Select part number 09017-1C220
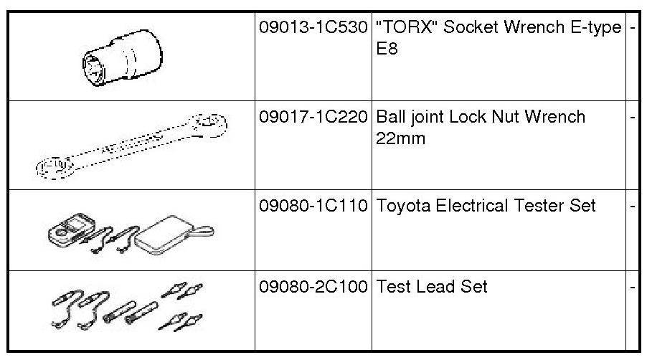(313, 117)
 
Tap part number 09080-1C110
(313, 206)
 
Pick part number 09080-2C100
(313, 287)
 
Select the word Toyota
(402, 207)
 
